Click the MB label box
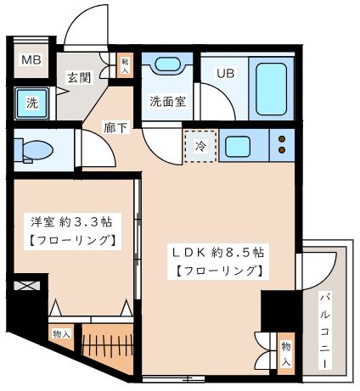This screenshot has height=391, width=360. (x=31, y=60)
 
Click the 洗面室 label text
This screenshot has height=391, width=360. (x=168, y=100)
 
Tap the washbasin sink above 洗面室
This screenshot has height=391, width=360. (x=166, y=66)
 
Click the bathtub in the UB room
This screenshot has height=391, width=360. (x=267, y=87)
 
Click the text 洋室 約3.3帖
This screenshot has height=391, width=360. (x=72, y=222)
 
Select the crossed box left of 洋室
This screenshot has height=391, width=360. (x=27, y=285)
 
